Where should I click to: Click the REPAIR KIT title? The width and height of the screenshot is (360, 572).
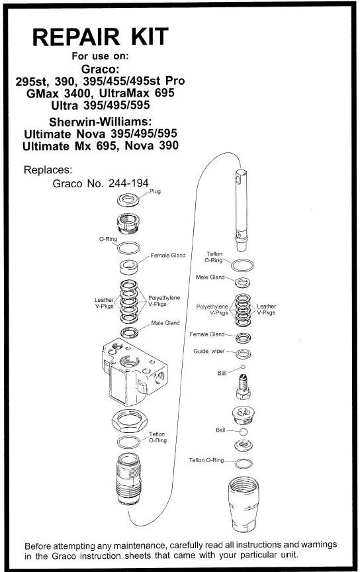tap(101, 36)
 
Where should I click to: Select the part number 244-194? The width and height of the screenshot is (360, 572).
tap(128, 183)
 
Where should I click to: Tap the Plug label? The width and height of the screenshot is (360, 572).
tap(155, 191)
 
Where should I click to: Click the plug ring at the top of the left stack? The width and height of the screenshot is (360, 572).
tap(128, 199)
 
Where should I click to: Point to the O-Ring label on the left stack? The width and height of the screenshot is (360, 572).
tap(108, 239)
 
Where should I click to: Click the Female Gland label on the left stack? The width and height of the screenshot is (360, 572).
tap(168, 256)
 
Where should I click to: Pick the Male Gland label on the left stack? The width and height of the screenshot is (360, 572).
tap(165, 323)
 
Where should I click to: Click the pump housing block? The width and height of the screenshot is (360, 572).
tap(134, 372)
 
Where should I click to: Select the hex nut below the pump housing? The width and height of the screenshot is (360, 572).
tap(130, 420)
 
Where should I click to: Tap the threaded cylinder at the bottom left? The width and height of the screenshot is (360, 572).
tap(129, 479)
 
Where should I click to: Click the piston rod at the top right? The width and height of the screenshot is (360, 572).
tap(241, 210)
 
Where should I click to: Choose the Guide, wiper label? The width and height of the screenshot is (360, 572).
tap(209, 352)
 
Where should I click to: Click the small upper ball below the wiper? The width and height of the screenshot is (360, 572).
tap(244, 367)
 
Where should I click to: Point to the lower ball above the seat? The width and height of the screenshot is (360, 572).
tap(244, 432)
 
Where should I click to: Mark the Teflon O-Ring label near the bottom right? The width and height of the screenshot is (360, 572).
tap(206, 460)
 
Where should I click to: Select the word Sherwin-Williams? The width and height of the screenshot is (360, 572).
tap(101, 121)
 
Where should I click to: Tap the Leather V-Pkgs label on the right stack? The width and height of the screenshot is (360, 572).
tap(266, 309)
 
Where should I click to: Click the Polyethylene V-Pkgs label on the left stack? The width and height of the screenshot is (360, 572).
tap(164, 301)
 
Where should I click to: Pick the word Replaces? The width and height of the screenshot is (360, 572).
tap(48, 170)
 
